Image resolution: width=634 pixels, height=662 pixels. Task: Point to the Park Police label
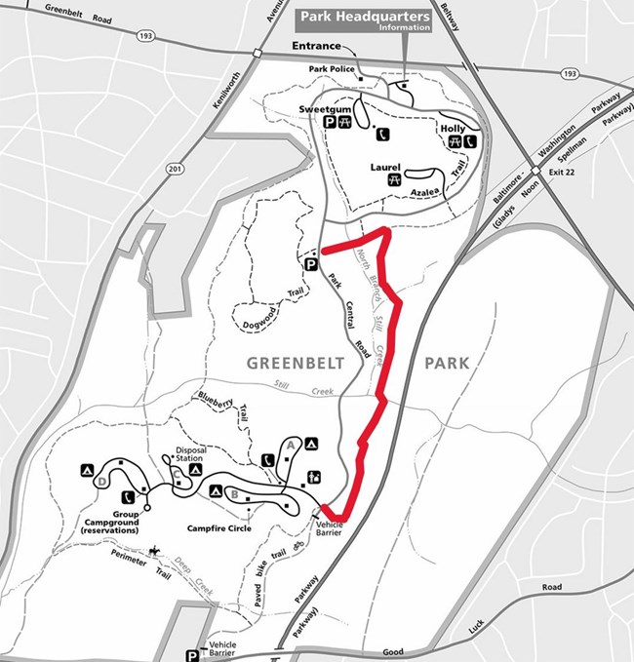tap(329, 68)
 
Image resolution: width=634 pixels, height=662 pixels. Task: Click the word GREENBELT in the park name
tap(292, 363)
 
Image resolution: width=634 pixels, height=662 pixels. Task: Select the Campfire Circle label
tap(219, 528)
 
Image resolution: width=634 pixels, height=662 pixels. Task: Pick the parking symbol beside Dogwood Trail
tap(311, 264)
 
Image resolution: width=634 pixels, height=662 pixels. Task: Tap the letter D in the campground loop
tap(102, 481)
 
